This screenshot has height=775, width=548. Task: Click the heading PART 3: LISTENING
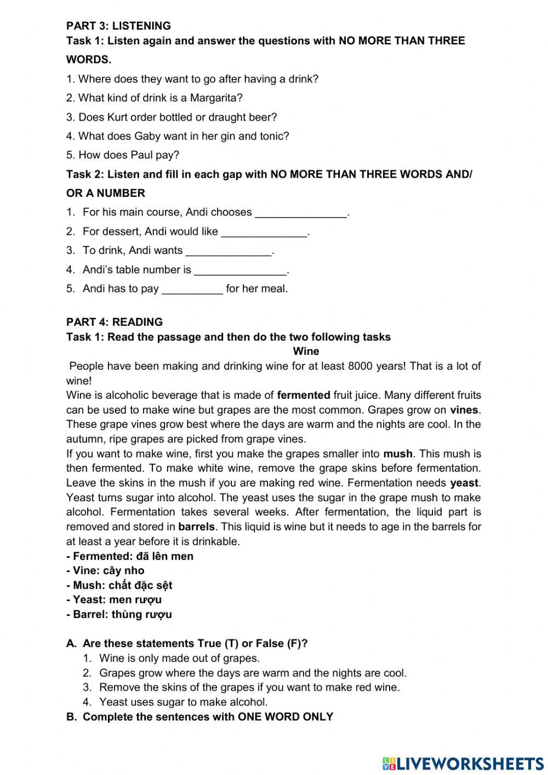(118, 26)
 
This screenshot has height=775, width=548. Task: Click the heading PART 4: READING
(115, 322)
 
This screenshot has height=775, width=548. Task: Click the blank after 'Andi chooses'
(301, 213)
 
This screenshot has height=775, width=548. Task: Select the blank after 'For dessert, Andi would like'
(264, 232)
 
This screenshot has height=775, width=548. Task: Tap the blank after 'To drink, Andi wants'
(229, 251)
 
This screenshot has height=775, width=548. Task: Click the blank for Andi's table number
(241, 270)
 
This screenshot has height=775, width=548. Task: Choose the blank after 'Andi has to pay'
(192, 290)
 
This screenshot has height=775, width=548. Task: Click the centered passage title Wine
(306, 351)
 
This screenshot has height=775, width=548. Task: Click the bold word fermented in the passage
(304, 395)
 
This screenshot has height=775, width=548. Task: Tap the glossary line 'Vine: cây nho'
(105, 570)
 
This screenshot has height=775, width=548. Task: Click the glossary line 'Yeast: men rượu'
(114, 599)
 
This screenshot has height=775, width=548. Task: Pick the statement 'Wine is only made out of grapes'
(179, 658)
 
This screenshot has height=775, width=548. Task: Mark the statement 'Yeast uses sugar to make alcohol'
(183, 702)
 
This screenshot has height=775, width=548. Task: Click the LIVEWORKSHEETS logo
(463, 763)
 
